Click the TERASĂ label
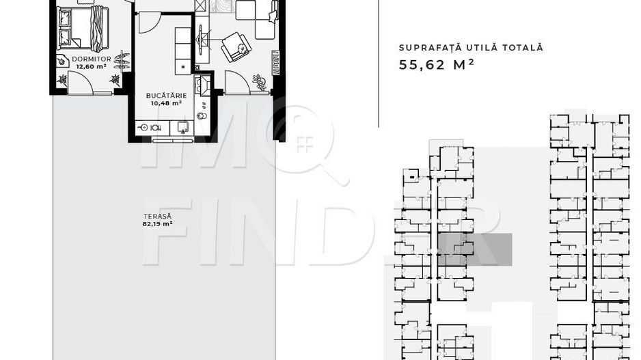coord(153,216)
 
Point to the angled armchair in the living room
coord(236,46)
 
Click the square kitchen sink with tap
coord(184,126)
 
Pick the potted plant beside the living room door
coord(260,83)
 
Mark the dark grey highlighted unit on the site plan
coord(474,249)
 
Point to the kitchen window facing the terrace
coord(173,140)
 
